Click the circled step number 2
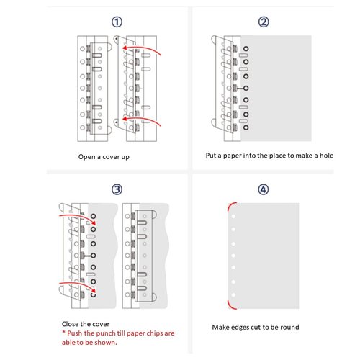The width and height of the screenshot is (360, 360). pos(264,22)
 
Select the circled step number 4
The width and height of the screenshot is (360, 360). pos(263,190)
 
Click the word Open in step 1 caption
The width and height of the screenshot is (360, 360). pos(88,156)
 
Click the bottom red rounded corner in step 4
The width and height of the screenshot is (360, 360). pos(230,301)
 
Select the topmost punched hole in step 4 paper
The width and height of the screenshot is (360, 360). pos(234,220)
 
